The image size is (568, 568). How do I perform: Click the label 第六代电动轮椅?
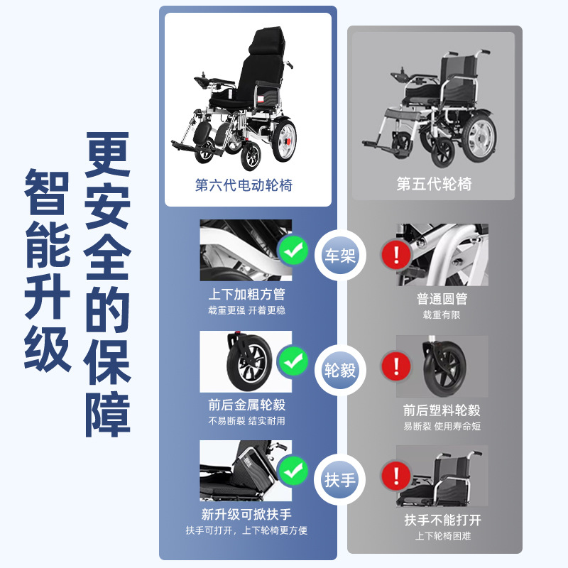[244, 185]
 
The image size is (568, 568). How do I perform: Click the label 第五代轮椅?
[434, 184]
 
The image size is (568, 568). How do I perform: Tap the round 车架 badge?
[340, 256]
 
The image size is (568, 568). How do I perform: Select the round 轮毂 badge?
[340, 370]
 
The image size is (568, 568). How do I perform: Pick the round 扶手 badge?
[340, 480]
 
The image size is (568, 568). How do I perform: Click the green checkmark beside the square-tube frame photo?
[293, 251]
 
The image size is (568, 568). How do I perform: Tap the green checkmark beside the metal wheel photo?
[293, 361]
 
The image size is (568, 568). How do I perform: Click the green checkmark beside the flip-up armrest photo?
[293, 471]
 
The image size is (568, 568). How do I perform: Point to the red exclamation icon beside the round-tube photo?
[396, 254]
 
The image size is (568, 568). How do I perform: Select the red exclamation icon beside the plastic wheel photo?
[396, 366]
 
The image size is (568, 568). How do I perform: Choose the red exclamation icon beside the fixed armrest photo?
[396, 476]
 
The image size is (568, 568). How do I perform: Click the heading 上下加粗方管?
[246, 294]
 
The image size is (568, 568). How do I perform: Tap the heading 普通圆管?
[442, 298]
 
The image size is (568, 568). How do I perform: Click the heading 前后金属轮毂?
[246, 405]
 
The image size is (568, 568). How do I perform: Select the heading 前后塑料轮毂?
[442, 410]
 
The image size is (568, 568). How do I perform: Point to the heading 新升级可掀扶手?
[246, 514]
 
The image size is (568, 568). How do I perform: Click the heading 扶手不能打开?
[442, 520]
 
